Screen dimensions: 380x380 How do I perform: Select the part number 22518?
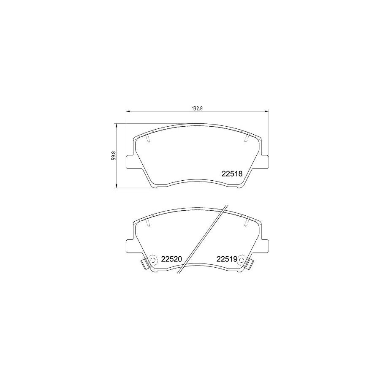[x=231, y=174]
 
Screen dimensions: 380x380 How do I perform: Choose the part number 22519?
[x=227, y=259]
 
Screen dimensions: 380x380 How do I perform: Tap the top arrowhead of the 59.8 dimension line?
[x=117, y=125]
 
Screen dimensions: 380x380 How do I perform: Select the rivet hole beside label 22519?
[x=241, y=259]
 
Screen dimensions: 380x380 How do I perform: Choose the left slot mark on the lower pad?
[x=148, y=223]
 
